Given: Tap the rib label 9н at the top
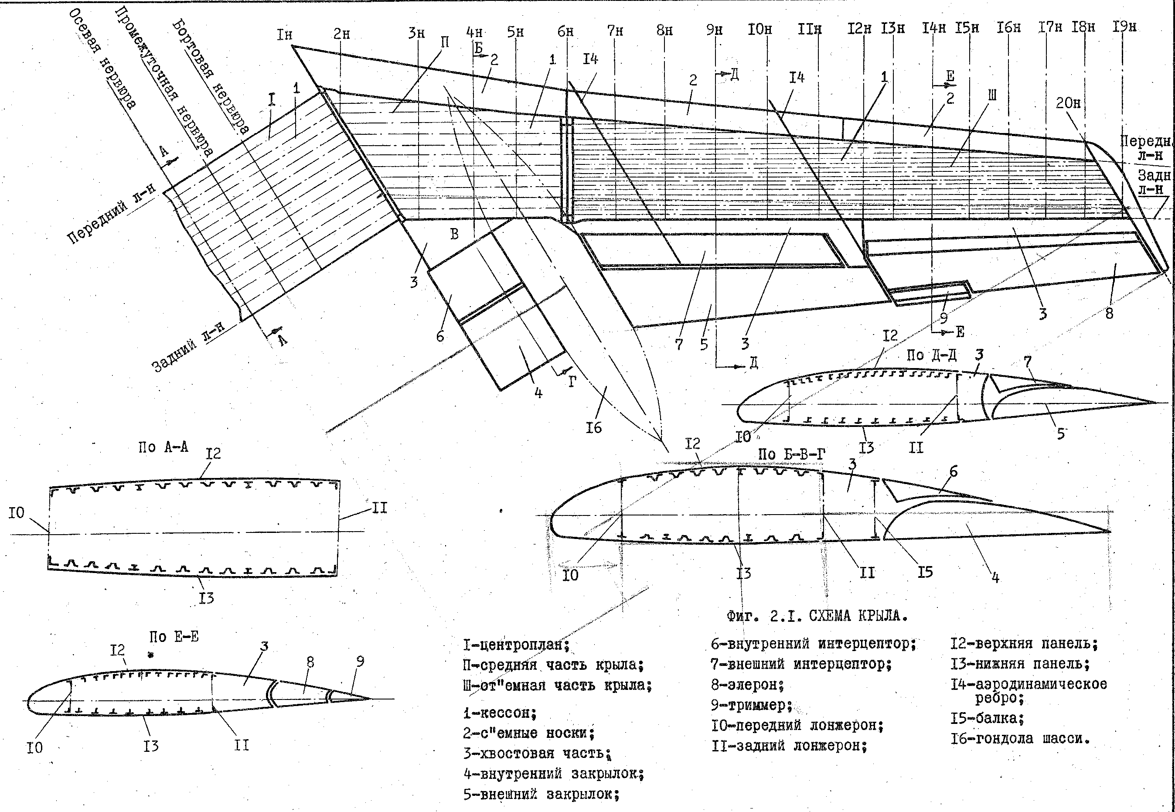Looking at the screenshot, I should click(x=714, y=30).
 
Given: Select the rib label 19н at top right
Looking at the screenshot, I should click(x=1124, y=27).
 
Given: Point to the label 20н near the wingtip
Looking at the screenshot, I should click(x=1068, y=103).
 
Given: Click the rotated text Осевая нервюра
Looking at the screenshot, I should click(x=102, y=58).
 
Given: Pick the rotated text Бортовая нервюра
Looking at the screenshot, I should click(x=211, y=76).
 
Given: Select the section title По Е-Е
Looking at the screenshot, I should click(x=174, y=637).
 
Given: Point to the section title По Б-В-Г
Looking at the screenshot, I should click(x=791, y=454).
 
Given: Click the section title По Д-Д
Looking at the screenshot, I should click(x=931, y=355).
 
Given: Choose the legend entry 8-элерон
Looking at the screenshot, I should click(x=748, y=685).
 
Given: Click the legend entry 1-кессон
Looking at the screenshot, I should click(x=500, y=713).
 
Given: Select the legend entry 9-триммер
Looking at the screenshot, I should click(x=752, y=705).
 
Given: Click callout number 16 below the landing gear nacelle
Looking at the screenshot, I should click(x=594, y=427).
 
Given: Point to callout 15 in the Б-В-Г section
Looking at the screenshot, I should click(x=925, y=572).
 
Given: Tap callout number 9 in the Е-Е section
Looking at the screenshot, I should click(x=360, y=662).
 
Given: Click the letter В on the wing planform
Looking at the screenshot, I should click(x=454, y=234).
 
